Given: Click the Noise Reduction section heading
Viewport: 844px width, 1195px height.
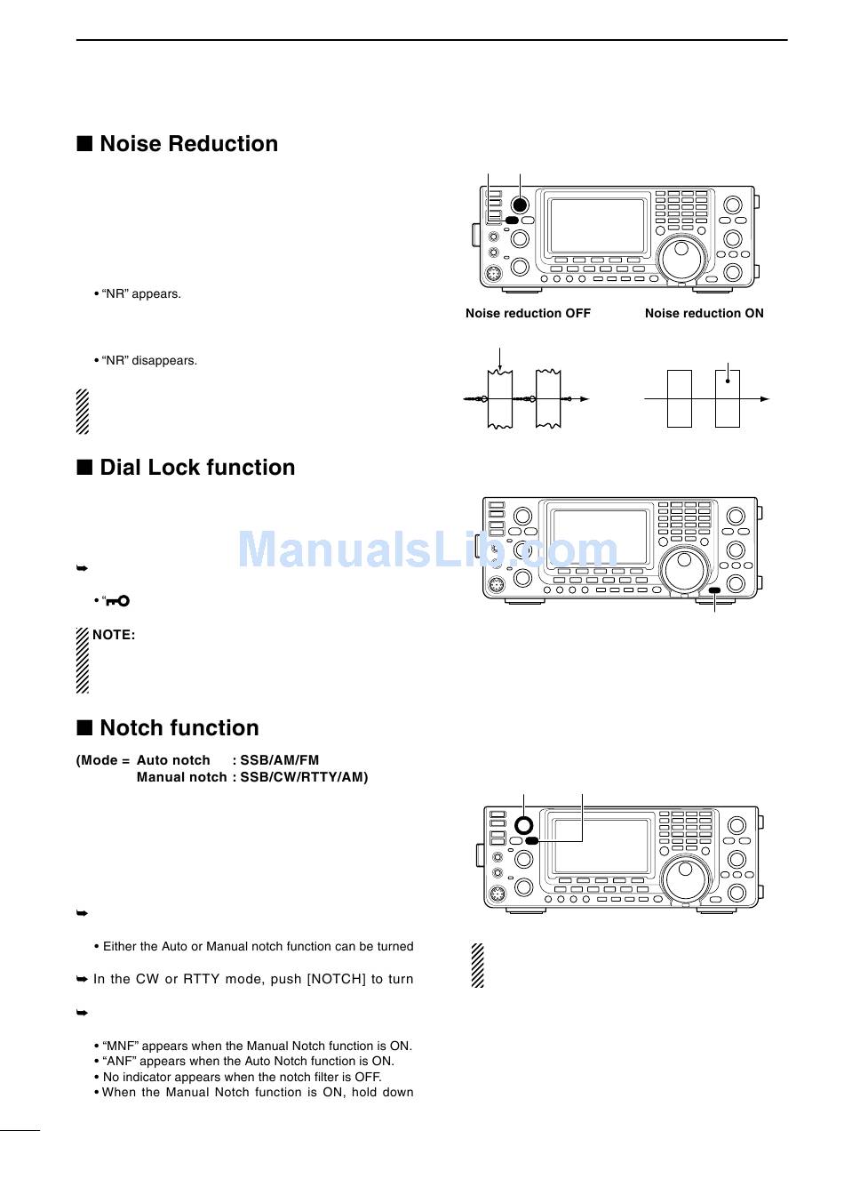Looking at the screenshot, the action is tap(188, 144).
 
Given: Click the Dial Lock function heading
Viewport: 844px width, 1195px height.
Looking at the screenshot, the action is tap(197, 468).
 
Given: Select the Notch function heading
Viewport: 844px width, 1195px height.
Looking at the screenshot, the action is tap(179, 728).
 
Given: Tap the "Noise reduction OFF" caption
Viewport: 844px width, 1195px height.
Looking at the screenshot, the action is tap(528, 313).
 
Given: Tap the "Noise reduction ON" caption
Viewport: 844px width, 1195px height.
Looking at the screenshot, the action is tap(704, 313).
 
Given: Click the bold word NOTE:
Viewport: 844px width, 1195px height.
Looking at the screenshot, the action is tap(114, 635).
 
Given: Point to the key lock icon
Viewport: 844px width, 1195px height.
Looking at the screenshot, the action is tap(117, 601).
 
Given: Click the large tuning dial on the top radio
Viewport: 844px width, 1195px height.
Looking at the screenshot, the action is tap(683, 259).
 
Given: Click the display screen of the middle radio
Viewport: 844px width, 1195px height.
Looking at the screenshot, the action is tap(599, 537).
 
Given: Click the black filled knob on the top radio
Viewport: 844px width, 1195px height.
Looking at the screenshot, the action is tap(521, 204).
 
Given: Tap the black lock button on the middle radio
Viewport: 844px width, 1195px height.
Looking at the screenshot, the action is tap(714, 590).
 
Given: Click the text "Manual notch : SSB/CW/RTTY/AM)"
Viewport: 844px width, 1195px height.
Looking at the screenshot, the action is tap(252, 777).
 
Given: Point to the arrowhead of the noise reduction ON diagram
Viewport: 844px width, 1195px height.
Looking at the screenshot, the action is tap(764, 399).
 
